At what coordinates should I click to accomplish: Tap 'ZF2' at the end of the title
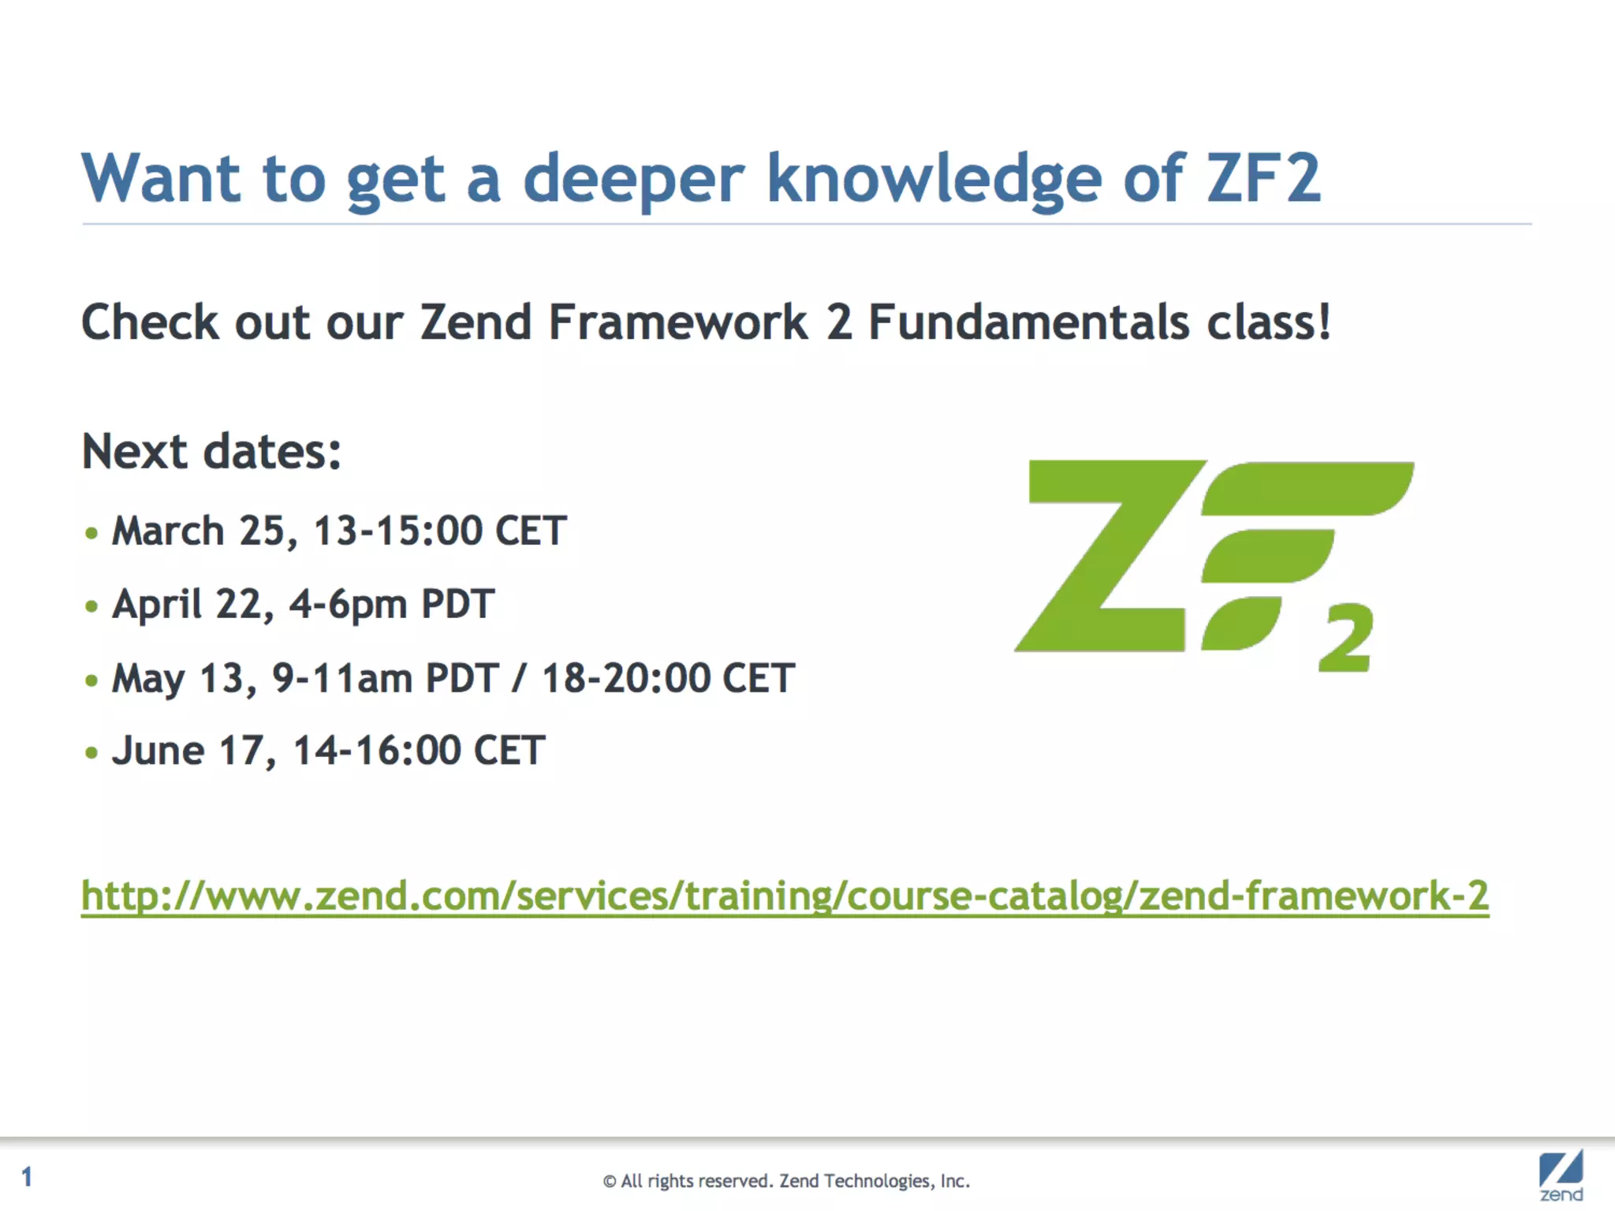point(1263,178)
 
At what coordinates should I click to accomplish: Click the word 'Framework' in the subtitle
point(678,322)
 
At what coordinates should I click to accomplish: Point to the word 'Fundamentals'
point(1028,322)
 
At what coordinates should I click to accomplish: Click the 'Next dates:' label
point(211,452)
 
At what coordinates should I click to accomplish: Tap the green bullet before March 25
point(91,534)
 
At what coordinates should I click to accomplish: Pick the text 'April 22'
point(193,605)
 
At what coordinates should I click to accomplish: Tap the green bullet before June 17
point(91,753)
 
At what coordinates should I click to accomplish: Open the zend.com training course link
point(785,896)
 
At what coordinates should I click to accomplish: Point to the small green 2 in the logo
point(1345,639)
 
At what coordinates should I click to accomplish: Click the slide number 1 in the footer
point(27,1177)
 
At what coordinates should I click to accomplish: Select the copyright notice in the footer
point(786,1181)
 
